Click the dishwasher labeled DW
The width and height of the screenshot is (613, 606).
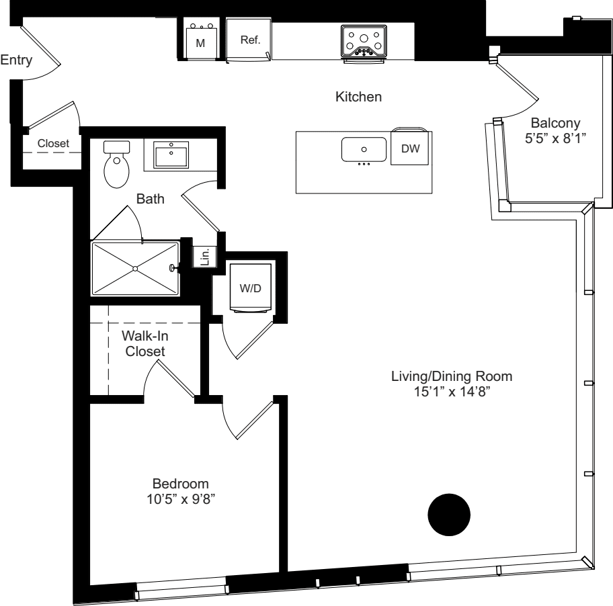coord(410,149)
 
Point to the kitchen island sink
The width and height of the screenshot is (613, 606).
coord(364,150)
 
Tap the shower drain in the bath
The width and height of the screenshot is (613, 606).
coord(135,268)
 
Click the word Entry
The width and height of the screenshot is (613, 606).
coord(15,61)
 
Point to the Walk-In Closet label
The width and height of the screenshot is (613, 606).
coord(145,343)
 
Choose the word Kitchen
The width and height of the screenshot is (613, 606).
coord(358,97)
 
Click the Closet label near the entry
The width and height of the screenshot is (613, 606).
coord(53,143)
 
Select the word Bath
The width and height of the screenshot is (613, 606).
coord(150,199)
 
